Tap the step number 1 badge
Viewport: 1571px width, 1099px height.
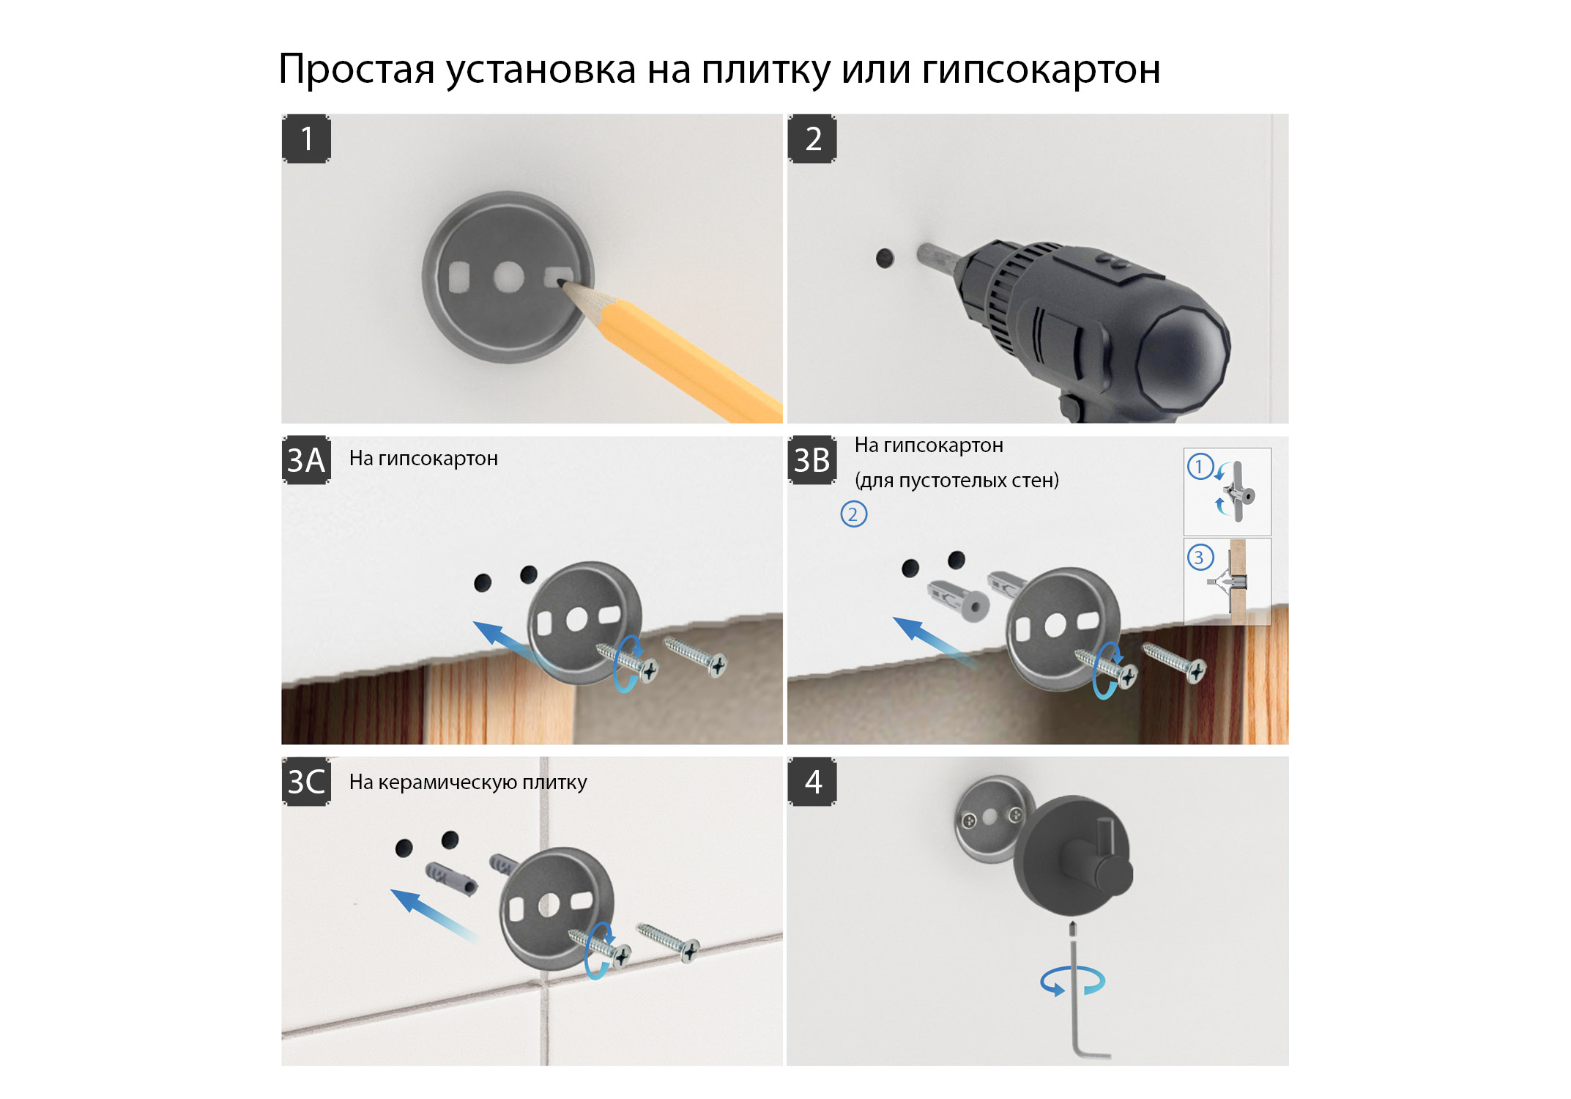click(x=306, y=138)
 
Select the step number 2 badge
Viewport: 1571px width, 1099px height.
click(x=812, y=138)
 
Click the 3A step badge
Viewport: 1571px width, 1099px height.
click(x=306, y=460)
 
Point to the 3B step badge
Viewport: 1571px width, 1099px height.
click(x=812, y=460)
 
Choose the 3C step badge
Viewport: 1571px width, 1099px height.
click(x=306, y=782)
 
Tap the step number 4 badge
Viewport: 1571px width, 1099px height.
click(x=812, y=782)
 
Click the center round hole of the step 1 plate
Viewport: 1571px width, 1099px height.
click(x=508, y=278)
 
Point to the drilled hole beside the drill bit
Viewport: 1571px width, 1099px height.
click(x=885, y=258)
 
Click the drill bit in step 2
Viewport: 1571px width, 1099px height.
click(x=940, y=256)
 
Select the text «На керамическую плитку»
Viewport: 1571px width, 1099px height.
click(x=468, y=782)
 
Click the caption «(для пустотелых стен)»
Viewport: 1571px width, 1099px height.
click(x=957, y=481)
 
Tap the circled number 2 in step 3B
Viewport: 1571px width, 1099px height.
click(x=853, y=514)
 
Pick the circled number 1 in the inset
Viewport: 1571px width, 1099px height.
click(x=1200, y=467)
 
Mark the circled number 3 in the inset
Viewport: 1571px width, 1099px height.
click(x=1200, y=558)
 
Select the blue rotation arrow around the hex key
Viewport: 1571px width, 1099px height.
click(x=1072, y=981)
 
